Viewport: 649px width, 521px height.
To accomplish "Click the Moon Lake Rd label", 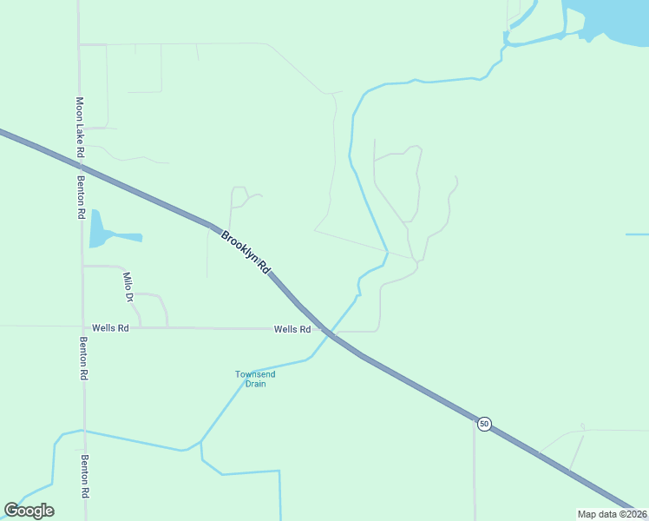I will pos(79,127).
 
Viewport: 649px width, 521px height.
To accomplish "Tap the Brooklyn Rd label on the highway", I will pos(246,253).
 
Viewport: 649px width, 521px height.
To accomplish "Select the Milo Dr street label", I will pos(128,287).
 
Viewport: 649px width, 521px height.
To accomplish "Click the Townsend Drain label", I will pos(255,379).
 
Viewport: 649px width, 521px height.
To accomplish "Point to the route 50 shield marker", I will pos(484,423).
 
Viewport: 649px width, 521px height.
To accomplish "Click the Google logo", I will pos(29,511).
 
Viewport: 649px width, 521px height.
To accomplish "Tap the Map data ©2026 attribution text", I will pos(612,513).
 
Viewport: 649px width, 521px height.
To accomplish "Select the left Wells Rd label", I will pos(111,328).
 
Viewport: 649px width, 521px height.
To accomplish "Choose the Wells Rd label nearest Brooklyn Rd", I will pos(292,329).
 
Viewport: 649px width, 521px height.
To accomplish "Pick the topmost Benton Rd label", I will pos(81,196).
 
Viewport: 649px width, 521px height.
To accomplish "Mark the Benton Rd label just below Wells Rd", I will pos(83,358).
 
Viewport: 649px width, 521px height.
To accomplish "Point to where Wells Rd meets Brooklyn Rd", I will pos(324,329).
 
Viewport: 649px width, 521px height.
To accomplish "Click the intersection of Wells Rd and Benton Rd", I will pos(83,327).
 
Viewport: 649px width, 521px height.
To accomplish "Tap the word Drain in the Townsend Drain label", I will pos(255,384).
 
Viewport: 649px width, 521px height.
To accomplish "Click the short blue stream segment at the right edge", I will pos(637,234).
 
